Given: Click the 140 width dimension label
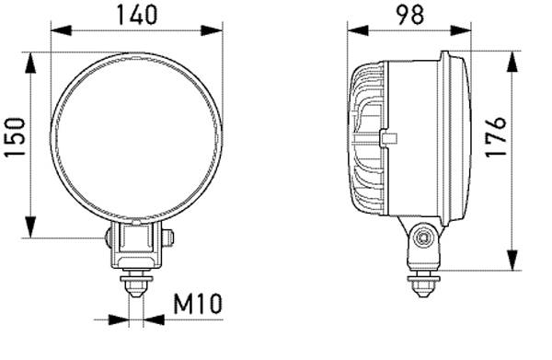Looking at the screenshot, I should click(x=136, y=14).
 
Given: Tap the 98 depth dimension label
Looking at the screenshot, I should click(x=409, y=14).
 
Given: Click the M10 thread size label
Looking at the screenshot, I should click(x=198, y=303).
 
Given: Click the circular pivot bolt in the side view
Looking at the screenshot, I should click(x=422, y=238).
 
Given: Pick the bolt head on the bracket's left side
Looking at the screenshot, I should click(x=109, y=238).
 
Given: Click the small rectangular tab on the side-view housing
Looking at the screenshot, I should click(x=388, y=139).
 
